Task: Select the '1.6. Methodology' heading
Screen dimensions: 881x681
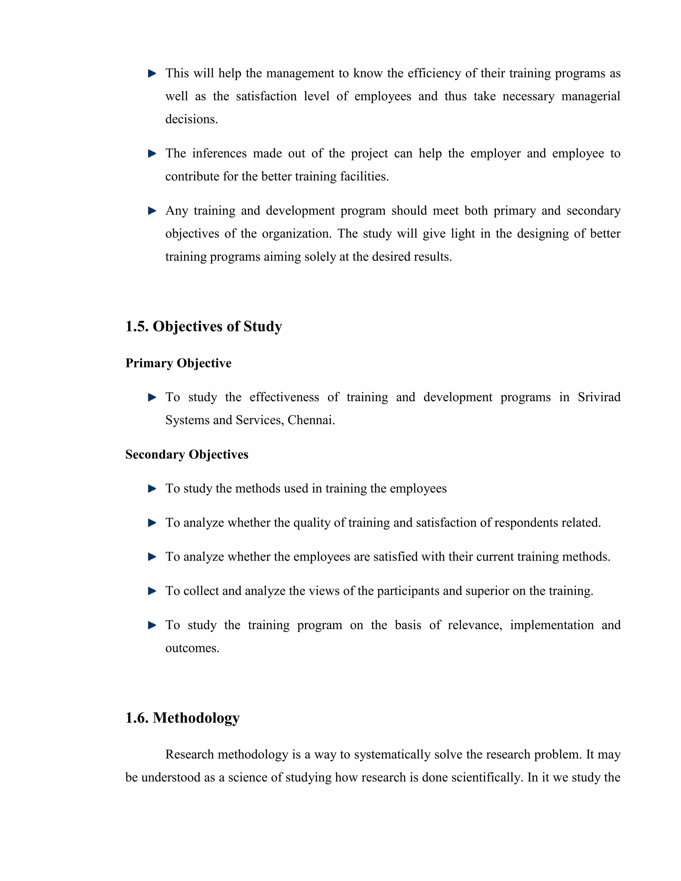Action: tap(182, 718)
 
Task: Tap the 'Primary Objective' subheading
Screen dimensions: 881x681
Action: tap(178, 363)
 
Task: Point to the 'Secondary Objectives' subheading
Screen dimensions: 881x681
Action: tap(187, 454)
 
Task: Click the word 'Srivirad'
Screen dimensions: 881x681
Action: tap(599, 397)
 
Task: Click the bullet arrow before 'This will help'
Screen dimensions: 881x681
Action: tap(152, 73)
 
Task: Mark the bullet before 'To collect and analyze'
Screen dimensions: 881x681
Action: tap(152, 591)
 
